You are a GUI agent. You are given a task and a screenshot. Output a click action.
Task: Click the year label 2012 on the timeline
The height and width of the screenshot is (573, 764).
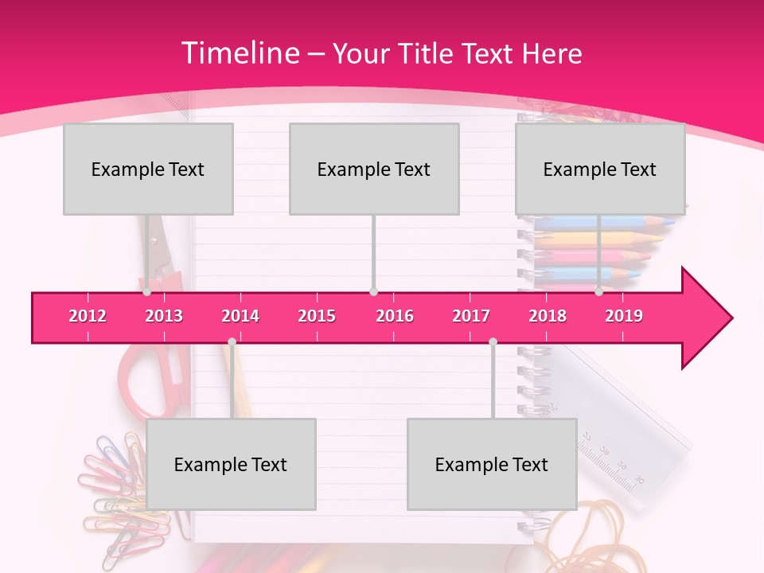[x=88, y=316]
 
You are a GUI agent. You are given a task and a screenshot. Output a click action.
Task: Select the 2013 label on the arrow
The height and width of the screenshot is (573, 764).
[x=164, y=316]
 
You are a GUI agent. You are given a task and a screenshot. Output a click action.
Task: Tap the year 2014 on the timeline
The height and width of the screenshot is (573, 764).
[x=240, y=316]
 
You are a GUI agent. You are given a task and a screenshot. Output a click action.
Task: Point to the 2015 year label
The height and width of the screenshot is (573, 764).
[x=317, y=316]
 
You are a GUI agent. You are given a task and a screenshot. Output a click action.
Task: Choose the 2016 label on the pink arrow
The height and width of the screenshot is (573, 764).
[x=395, y=316]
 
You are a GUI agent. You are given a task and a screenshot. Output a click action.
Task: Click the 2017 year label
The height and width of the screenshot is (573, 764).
[x=471, y=316]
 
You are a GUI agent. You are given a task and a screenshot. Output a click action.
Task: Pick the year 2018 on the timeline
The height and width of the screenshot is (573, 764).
[x=548, y=316]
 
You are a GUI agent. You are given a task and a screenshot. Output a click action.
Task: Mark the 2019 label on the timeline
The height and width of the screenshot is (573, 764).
[x=624, y=316]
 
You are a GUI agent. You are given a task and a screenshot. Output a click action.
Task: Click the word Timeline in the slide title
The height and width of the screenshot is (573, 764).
[x=240, y=53]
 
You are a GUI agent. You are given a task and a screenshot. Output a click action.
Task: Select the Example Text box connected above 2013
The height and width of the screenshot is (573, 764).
[x=148, y=169]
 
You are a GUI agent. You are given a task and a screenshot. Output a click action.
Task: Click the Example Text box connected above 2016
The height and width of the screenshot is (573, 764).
[x=374, y=169]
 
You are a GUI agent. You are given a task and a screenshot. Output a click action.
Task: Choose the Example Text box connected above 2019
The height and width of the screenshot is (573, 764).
[x=600, y=169]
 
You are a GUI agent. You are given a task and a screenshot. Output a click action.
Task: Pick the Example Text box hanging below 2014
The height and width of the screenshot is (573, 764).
[x=231, y=464]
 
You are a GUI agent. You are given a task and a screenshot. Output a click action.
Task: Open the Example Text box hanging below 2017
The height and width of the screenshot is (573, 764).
[x=492, y=464]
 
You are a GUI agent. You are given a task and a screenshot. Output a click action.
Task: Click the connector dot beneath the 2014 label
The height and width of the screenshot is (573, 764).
[x=232, y=341]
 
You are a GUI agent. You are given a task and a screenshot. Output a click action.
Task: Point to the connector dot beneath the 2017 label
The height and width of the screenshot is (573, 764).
[x=493, y=341]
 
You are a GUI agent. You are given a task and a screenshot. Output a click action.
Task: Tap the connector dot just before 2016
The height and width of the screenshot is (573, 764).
[x=373, y=292]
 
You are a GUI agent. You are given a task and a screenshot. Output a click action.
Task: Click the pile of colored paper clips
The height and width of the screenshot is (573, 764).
[x=111, y=493]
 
